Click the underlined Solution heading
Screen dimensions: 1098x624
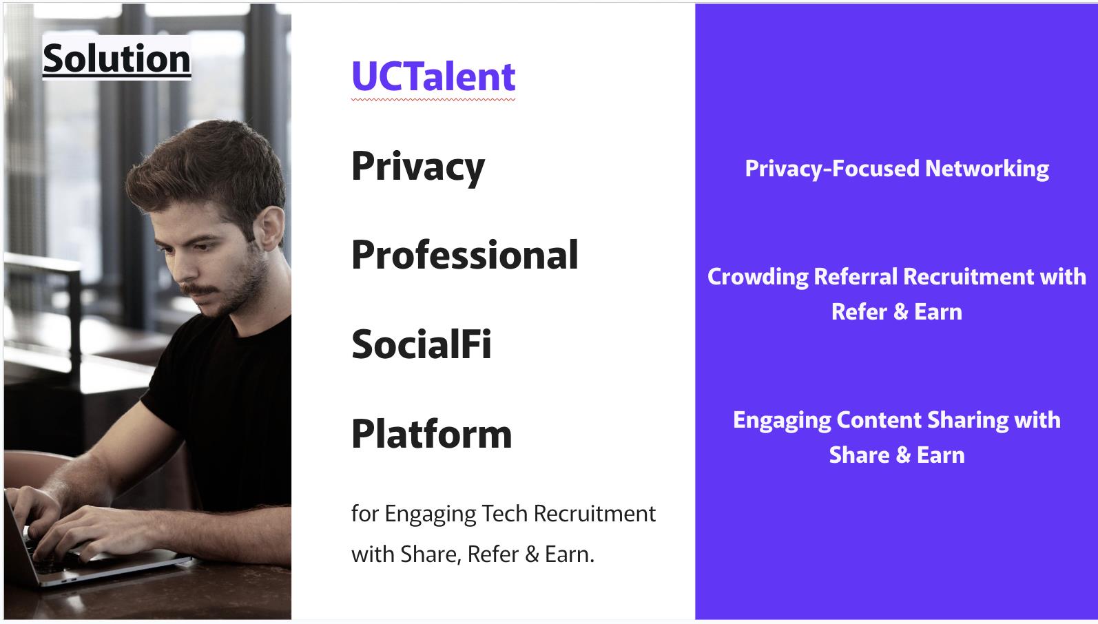coord(116,59)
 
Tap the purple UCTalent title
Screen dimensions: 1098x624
coord(433,76)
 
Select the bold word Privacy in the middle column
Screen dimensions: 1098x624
coord(418,167)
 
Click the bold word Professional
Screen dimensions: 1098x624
coord(465,255)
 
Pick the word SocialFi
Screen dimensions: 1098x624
coord(421,344)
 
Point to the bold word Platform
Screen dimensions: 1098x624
coord(431,433)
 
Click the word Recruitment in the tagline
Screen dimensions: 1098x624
coord(594,514)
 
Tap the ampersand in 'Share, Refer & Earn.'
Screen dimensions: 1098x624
coord(532,554)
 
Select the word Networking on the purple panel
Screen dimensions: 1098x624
coord(987,168)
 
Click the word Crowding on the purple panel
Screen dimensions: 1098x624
coord(758,277)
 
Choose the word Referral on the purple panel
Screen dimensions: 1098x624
coord(856,276)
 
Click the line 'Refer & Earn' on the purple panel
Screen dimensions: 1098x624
coord(897,312)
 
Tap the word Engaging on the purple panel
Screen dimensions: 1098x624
coord(782,421)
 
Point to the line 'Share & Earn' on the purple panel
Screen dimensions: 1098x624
coord(897,455)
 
